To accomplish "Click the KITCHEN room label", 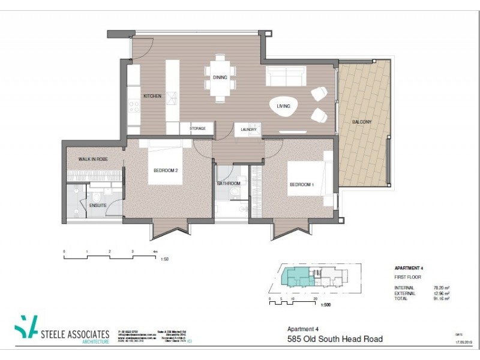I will [152, 97].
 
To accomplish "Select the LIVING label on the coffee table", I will [283, 107].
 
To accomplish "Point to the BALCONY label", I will [362, 122].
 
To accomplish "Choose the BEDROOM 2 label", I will [166, 171].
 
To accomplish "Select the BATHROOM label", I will [229, 184].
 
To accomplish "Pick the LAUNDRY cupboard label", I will [248, 129].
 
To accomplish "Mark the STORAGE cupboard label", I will [198, 129].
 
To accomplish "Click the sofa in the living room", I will [285, 77].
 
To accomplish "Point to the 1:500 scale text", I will [326, 305].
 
